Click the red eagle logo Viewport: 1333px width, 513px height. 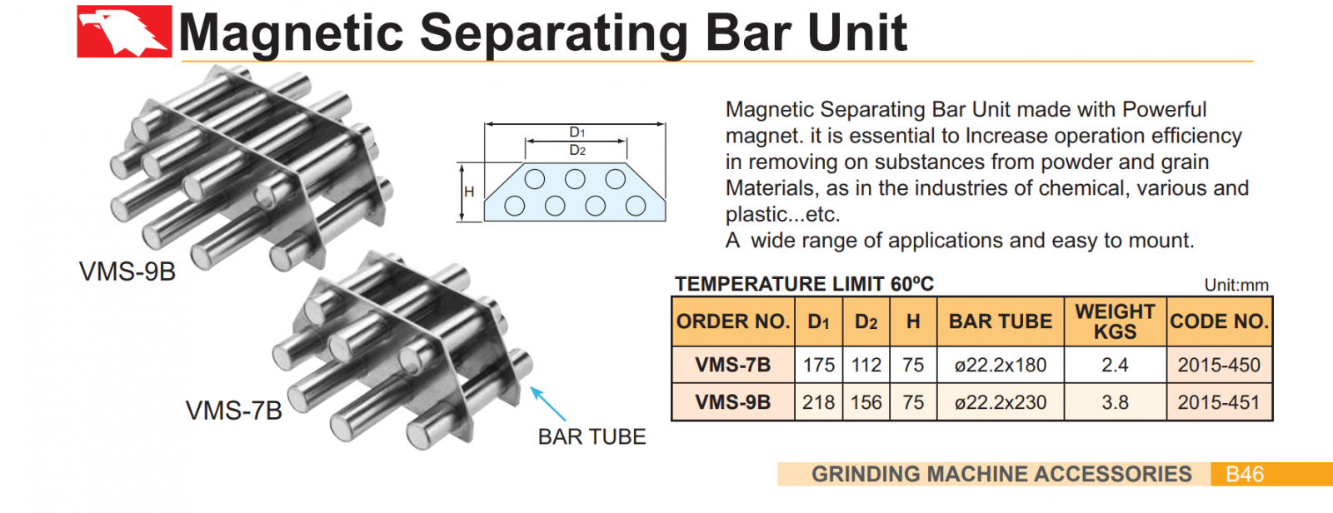[x=124, y=32]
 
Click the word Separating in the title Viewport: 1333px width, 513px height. [x=553, y=33]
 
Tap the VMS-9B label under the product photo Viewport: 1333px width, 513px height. [x=127, y=271]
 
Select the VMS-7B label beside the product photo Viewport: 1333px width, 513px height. [x=234, y=411]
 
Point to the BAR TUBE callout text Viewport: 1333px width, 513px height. [x=592, y=437]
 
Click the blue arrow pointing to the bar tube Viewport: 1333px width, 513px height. [x=547, y=403]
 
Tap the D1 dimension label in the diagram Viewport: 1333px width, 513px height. [x=577, y=132]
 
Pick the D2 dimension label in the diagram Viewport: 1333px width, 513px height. [x=577, y=151]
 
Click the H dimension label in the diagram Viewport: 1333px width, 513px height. [x=469, y=192]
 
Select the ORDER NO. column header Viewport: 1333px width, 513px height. [x=732, y=321]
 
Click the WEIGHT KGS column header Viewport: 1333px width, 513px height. [x=1115, y=321]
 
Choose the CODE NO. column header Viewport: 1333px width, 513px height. [x=1219, y=321]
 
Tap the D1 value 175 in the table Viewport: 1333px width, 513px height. [x=818, y=365]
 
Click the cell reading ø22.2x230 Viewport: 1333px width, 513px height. [x=1000, y=402]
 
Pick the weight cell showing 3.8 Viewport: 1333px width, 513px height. [x=1115, y=402]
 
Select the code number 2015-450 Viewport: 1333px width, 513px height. [x=1219, y=365]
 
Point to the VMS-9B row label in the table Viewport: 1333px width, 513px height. [x=732, y=402]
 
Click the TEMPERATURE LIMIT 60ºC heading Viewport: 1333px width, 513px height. [x=804, y=284]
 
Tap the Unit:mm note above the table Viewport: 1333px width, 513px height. [x=1236, y=286]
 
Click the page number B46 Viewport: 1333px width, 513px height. [x=1245, y=475]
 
